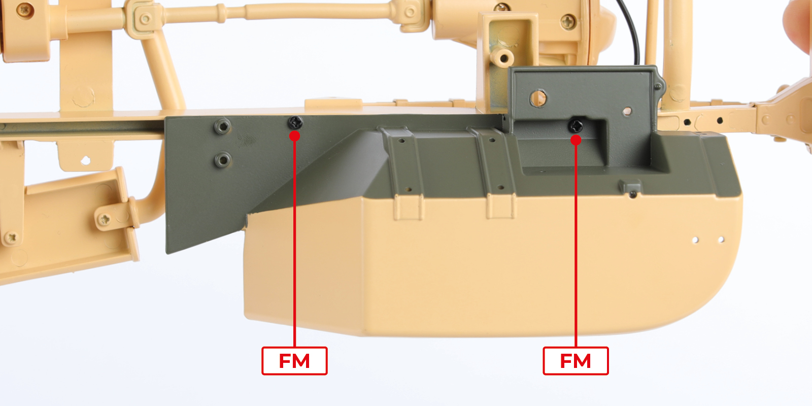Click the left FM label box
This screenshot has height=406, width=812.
pos(294,361)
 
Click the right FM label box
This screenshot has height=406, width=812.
pos(576,361)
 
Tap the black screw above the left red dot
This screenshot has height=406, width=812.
pos(295,122)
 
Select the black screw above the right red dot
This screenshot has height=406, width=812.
pos(576,126)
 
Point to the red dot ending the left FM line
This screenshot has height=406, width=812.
pos(295,136)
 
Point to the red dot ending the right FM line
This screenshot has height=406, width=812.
pos(576,140)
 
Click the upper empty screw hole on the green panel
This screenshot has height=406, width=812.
pos(223,126)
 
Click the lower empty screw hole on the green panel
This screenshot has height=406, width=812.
pos(223,160)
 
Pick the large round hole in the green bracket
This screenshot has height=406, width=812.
pos(538,98)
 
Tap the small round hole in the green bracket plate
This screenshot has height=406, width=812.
pos(627,111)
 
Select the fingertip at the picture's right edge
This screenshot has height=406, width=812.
pos(799,25)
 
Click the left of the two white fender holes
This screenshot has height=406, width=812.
pos(695,240)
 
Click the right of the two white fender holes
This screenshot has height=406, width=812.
pos(721,240)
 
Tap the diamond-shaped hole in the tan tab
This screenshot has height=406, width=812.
pos(86,159)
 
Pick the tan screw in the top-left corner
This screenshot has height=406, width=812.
pos(25,10)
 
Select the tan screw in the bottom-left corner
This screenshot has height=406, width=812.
pos(12,238)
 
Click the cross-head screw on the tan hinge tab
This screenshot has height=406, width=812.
pos(105,219)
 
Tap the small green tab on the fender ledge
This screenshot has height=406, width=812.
pos(632,188)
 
